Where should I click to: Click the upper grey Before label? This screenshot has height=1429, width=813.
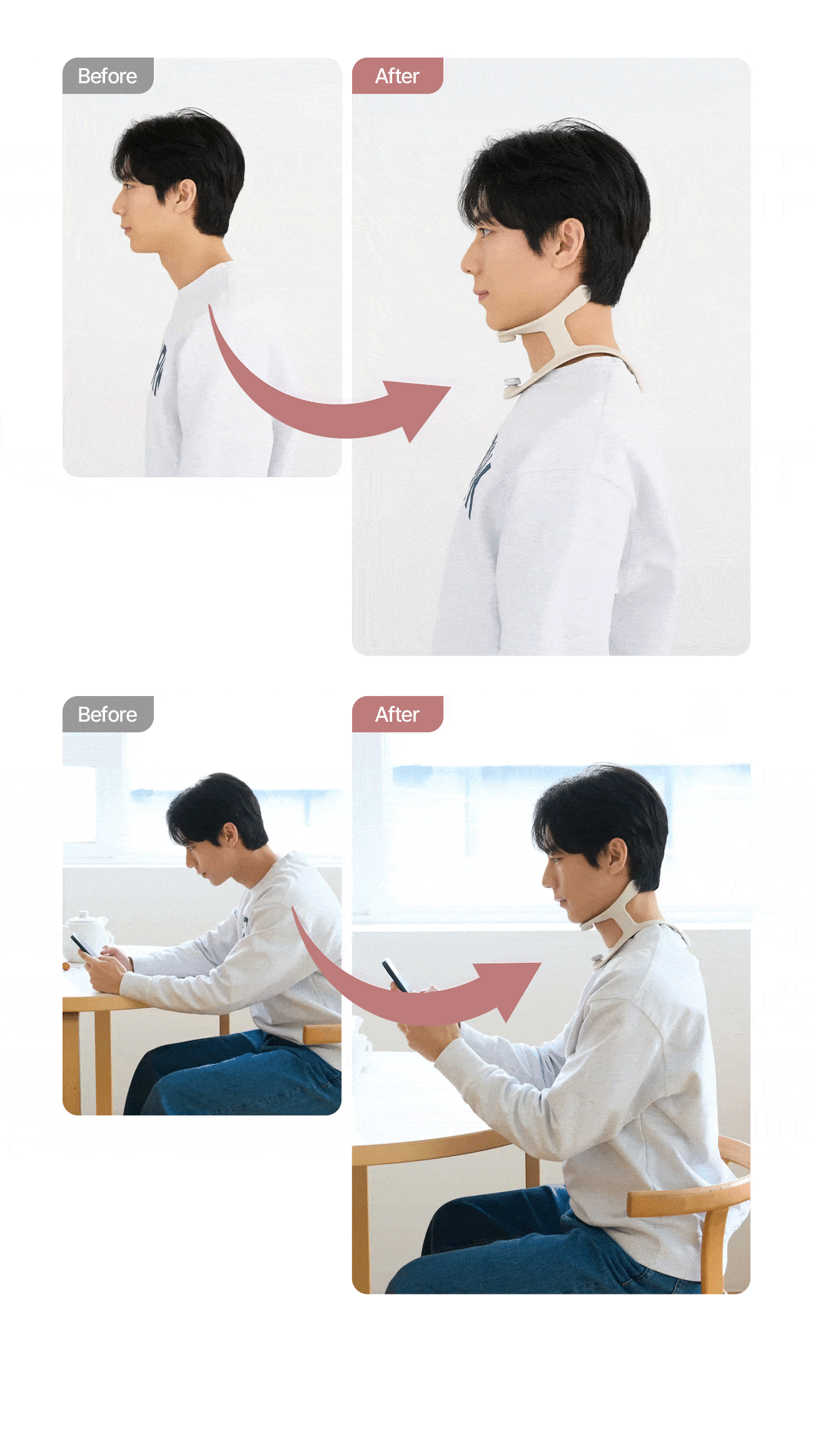pos(108,76)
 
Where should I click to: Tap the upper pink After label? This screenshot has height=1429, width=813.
pos(398,76)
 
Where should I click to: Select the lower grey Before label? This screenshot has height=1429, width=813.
pos(108,714)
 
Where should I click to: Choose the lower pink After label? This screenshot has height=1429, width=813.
pos(398,714)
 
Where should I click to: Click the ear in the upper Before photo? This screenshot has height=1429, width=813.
pos(186,196)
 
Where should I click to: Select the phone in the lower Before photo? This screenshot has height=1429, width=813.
pos(82,945)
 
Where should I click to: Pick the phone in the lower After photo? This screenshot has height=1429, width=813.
pos(395,975)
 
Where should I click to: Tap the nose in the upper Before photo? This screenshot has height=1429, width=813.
pos(116,205)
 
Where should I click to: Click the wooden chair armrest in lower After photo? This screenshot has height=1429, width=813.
pos(688,1196)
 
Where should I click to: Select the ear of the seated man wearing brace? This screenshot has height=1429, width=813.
pos(617,856)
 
